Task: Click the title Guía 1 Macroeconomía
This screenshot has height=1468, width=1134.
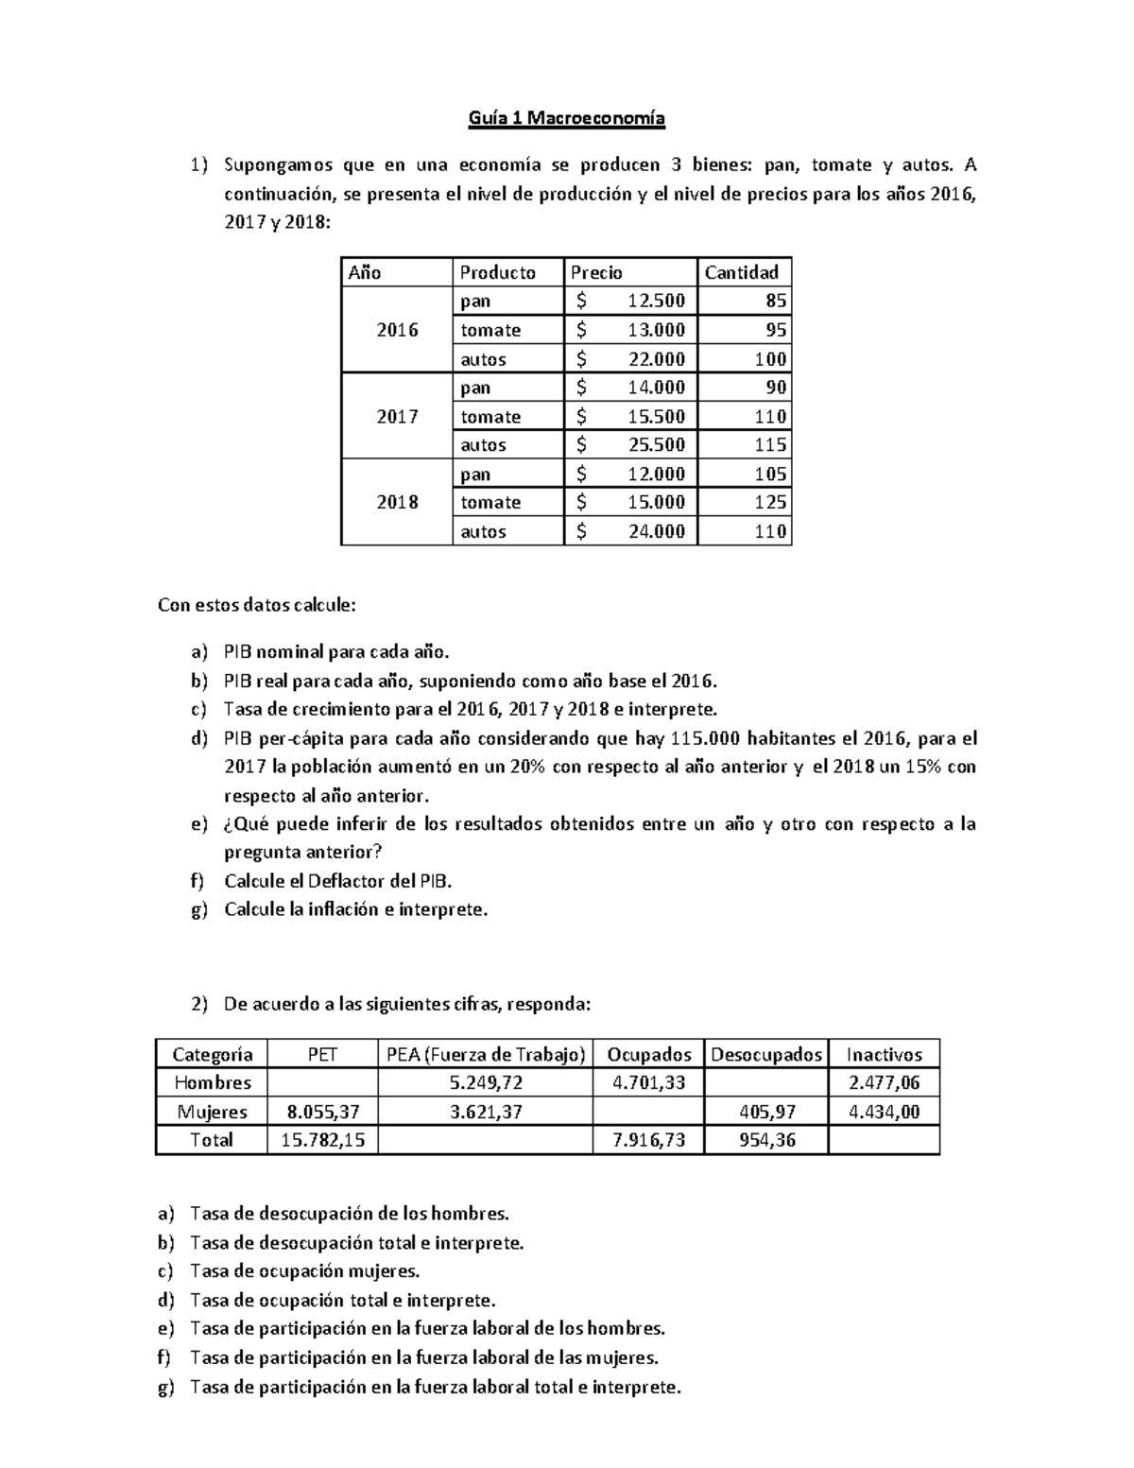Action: point(567,118)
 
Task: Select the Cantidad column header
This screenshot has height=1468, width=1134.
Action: point(742,272)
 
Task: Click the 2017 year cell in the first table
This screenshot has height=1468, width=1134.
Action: point(397,417)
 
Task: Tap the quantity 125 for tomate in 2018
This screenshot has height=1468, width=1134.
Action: point(770,503)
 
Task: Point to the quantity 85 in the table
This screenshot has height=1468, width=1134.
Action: point(776,302)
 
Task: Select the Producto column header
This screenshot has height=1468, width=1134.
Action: point(498,272)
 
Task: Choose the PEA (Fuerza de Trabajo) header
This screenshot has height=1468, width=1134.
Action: point(486,1054)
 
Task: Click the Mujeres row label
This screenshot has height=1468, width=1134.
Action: point(211,1112)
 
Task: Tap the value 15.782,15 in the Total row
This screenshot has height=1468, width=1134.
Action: point(322,1140)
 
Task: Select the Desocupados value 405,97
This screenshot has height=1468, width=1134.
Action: point(766,1112)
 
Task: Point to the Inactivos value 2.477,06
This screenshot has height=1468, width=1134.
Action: point(884,1082)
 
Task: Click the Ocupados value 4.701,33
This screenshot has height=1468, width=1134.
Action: point(648,1082)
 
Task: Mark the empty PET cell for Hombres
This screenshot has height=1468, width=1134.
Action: point(322,1082)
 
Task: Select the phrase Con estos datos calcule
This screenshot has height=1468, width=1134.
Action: point(257,605)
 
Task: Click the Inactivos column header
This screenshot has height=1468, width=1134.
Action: point(884,1054)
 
